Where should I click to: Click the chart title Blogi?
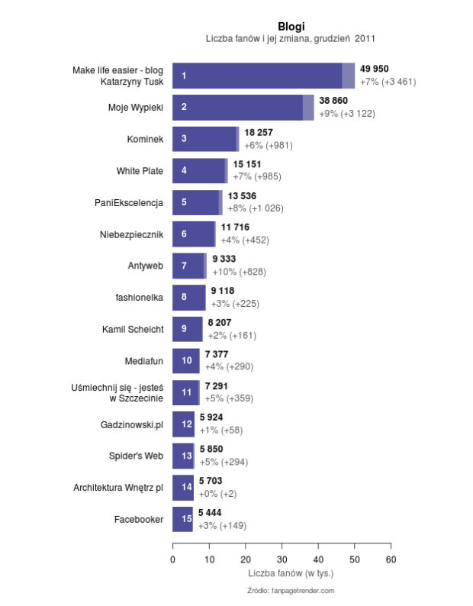tap(291, 26)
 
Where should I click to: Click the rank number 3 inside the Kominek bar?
tap(184, 139)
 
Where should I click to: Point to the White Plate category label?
tap(140, 171)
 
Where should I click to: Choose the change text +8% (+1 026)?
tap(256, 208)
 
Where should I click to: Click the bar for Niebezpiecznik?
tap(194, 234)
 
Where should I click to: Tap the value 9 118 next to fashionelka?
tap(223, 291)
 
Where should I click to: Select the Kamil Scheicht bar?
tap(188, 329)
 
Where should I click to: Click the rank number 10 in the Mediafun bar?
tap(187, 360)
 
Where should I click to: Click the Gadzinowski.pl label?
tap(132, 424)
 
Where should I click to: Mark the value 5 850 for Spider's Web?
tap(211, 450)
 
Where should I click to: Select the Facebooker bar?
tap(183, 519)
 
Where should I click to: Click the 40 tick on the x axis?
tap(318, 559)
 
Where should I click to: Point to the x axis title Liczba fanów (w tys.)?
tap(291, 572)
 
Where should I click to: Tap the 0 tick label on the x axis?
tap(172, 559)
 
